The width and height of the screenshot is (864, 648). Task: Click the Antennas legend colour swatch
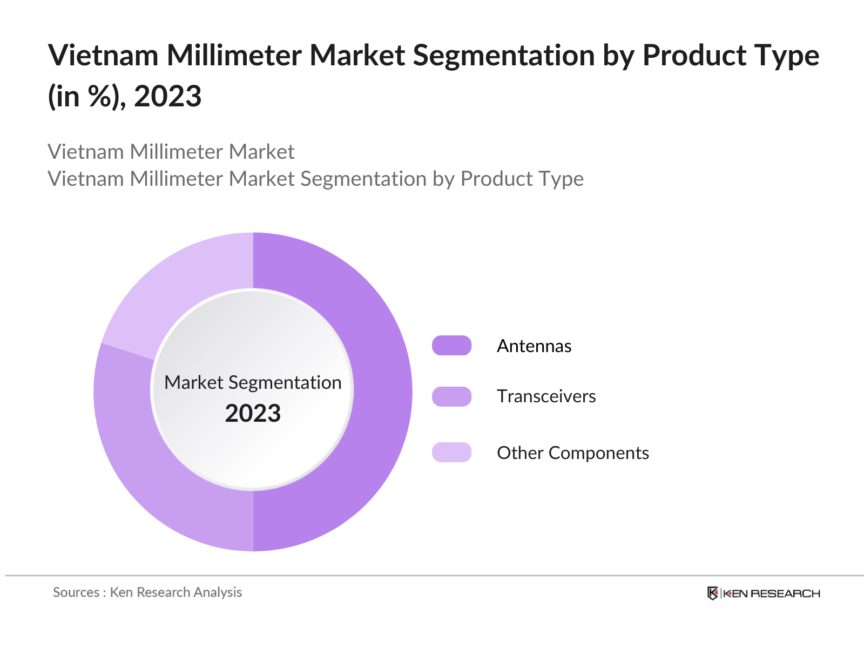pos(451,346)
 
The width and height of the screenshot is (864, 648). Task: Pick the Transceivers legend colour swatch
pos(451,396)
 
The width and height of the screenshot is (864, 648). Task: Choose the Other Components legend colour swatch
pos(451,453)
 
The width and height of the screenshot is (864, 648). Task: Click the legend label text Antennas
pos(534,346)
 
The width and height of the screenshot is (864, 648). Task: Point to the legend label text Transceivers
pos(546,396)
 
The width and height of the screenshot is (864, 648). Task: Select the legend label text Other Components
pos(572,453)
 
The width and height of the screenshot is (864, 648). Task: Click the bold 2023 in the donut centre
pos(253,414)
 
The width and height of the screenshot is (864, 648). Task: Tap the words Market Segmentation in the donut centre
pos(253,382)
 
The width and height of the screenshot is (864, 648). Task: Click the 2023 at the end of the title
pos(167,97)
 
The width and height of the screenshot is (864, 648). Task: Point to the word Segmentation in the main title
pos(503,56)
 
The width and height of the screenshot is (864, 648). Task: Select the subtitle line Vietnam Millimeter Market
pos(171,152)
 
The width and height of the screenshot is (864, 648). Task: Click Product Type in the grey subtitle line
pos(522,179)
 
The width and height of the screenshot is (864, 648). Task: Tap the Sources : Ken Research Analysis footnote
pos(147,592)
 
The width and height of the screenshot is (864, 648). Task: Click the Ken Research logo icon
pos(712,593)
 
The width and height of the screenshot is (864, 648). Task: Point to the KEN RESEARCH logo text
pos(771,593)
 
